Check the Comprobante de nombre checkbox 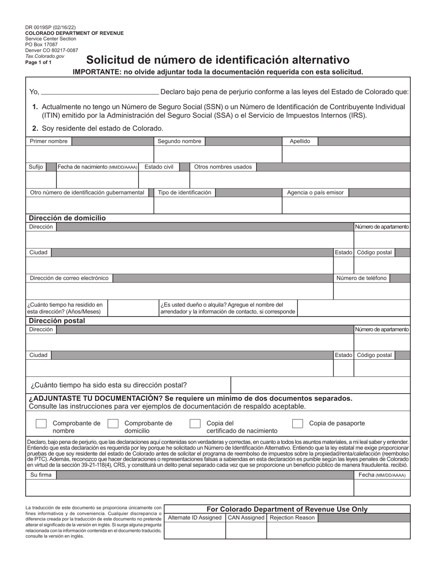coord(41,424)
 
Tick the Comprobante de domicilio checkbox coord(113,424)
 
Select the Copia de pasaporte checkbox coord(297,424)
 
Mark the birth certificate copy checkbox coord(195,424)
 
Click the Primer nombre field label coord(49,141)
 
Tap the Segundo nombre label coord(179,141)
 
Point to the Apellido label coord(300,141)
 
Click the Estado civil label coord(159,167)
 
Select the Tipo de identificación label coord(184,193)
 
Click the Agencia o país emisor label coord(315,193)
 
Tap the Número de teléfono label coord(361,278)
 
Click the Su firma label coord(41,475)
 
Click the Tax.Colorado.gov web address coord(45,56)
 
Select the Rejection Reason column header coord(292,518)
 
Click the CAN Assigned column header coord(246,518)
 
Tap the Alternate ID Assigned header coord(195,518)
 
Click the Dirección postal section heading coord(57,321)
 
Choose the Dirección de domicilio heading coord(67,218)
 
